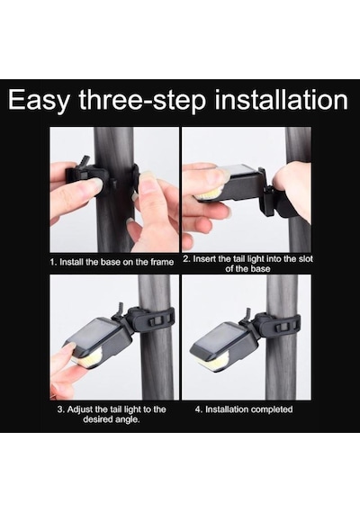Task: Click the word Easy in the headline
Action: click(x=39, y=100)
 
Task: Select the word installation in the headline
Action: click(x=281, y=99)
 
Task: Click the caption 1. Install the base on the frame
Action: click(x=112, y=262)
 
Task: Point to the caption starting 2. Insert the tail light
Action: click(x=247, y=264)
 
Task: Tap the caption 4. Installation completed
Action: click(x=244, y=409)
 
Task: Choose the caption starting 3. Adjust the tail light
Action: click(x=112, y=414)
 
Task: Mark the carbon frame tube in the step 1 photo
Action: click(x=114, y=189)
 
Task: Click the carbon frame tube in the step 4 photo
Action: click(x=282, y=337)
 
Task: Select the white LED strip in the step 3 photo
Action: click(x=89, y=360)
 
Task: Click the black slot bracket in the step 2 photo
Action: click(x=265, y=192)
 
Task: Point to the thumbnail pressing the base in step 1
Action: click(x=95, y=184)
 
